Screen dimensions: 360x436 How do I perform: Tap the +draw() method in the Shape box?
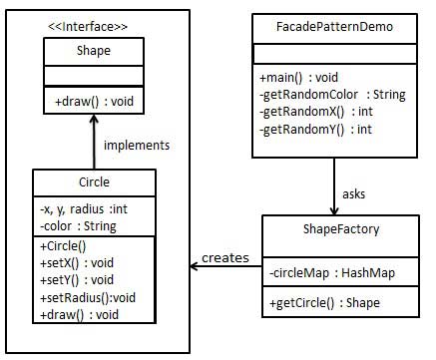point(94,101)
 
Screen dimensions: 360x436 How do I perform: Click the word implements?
point(137,145)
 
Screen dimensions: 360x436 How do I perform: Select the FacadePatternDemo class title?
point(332,27)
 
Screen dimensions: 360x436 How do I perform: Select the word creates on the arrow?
point(224,258)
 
